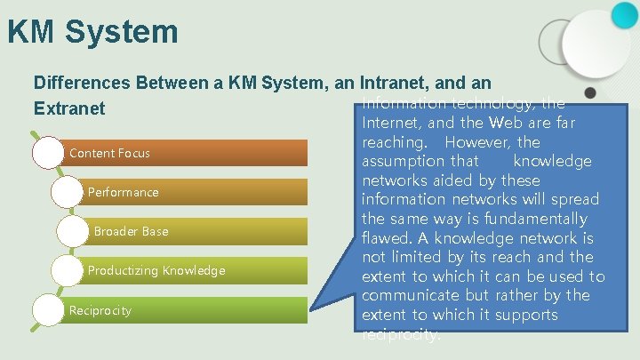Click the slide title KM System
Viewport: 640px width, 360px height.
[x=92, y=33]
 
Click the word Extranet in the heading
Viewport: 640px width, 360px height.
[x=69, y=108]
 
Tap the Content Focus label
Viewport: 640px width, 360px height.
[x=109, y=153]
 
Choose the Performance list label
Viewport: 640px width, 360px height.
[x=123, y=192]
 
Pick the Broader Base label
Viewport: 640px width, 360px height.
[x=131, y=231]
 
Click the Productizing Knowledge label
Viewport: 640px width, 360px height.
[x=156, y=270]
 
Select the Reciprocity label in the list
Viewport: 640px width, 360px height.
[x=100, y=310]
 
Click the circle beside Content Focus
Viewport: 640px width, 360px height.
[x=48, y=153]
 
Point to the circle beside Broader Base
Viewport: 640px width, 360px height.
[x=73, y=231]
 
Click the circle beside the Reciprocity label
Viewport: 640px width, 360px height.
[x=48, y=309]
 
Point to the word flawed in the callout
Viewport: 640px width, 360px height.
[x=384, y=238]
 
